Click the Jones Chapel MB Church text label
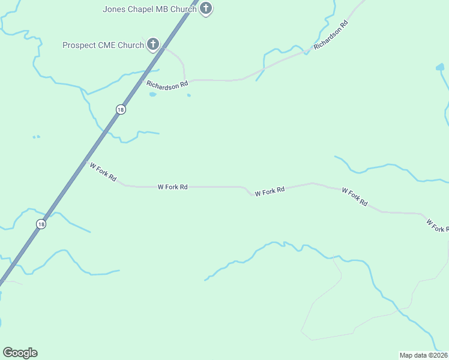coord(149,9)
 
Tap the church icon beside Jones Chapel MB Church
coord(206,8)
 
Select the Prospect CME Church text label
coord(103,45)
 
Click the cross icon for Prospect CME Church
coord(153,44)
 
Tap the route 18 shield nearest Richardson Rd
coord(121,109)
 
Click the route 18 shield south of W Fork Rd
coord(40,224)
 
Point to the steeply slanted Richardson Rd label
coord(331,37)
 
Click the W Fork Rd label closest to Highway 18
coord(103,173)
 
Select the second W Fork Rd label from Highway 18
coord(173,187)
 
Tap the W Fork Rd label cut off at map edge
coord(438,226)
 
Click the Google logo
coord(20,353)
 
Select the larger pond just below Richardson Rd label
coord(152,94)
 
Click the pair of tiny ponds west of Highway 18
coord(36,137)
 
